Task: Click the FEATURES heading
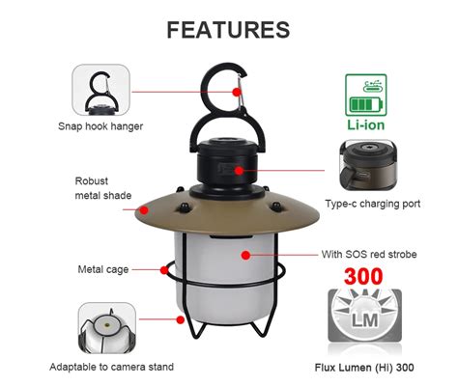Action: [x=228, y=29]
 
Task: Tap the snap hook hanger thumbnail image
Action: [x=100, y=89]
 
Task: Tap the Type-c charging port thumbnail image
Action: [x=369, y=165]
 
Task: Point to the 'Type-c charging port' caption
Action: [x=372, y=204]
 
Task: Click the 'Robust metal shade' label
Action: [x=101, y=188]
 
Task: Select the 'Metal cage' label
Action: [x=103, y=268]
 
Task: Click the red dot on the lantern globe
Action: [x=247, y=256]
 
